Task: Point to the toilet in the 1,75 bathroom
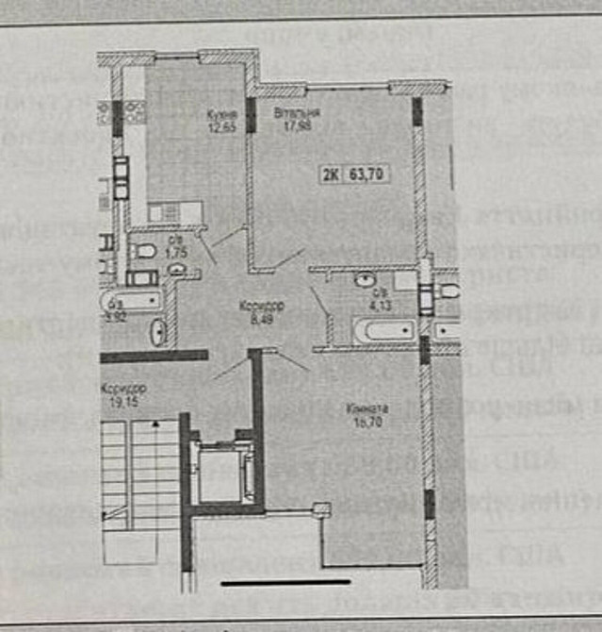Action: (x=143, y=253)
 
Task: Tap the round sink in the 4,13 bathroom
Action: (x=365, y=280)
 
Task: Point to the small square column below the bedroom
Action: (x=322, y=511)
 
